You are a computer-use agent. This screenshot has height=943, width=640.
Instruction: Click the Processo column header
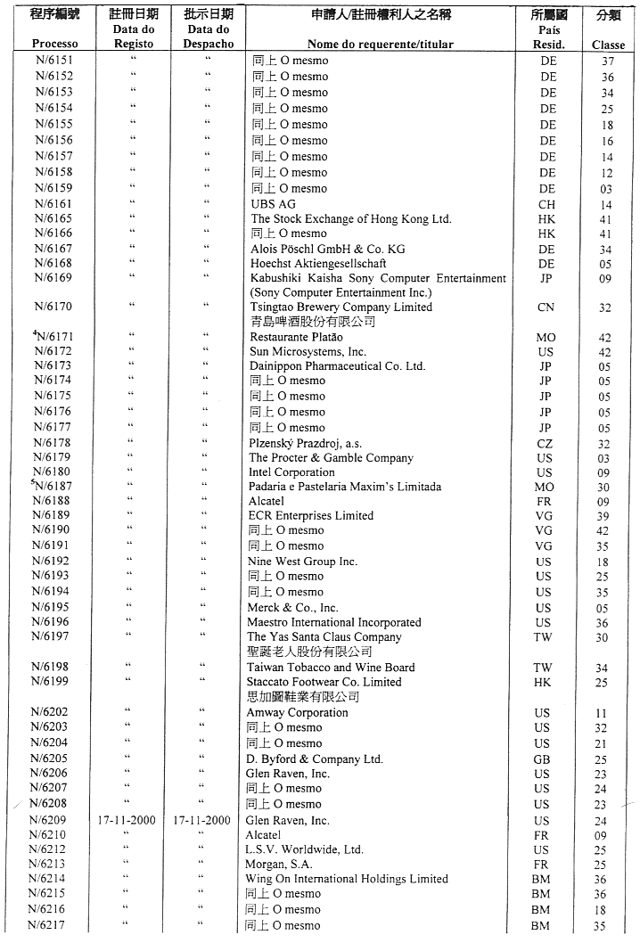pos(54,43)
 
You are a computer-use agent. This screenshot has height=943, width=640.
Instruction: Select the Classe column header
pos(608,45)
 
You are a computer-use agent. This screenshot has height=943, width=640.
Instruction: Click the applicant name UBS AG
pos(274,204)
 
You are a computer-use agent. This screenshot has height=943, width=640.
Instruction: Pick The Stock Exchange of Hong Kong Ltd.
pos(351,218)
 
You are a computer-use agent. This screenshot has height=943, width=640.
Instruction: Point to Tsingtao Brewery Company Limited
pos(341,307)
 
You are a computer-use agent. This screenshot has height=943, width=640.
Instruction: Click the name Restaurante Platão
pos(299,338)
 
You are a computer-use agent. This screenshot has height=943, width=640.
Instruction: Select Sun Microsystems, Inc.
pos(308,352)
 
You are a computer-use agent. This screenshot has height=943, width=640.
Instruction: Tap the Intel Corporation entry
pos(291,472)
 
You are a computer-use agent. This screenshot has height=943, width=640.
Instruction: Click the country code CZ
pos(546,443)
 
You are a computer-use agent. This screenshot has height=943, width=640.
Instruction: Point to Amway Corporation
pos(297,713)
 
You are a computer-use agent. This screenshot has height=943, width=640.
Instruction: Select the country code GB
pos(542,759)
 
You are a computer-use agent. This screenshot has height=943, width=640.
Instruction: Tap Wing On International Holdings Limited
pos(347,879)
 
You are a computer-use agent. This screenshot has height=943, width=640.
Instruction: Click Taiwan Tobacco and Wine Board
pos(331,668)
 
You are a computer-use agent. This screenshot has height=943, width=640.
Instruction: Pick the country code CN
pos(546,307)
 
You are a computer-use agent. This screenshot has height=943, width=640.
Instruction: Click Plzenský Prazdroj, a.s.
pos(306,443)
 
